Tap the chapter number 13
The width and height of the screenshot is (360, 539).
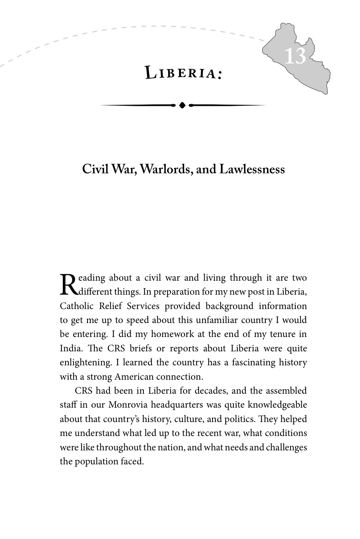coord(295,56)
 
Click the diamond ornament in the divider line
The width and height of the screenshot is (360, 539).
coord(182,105)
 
